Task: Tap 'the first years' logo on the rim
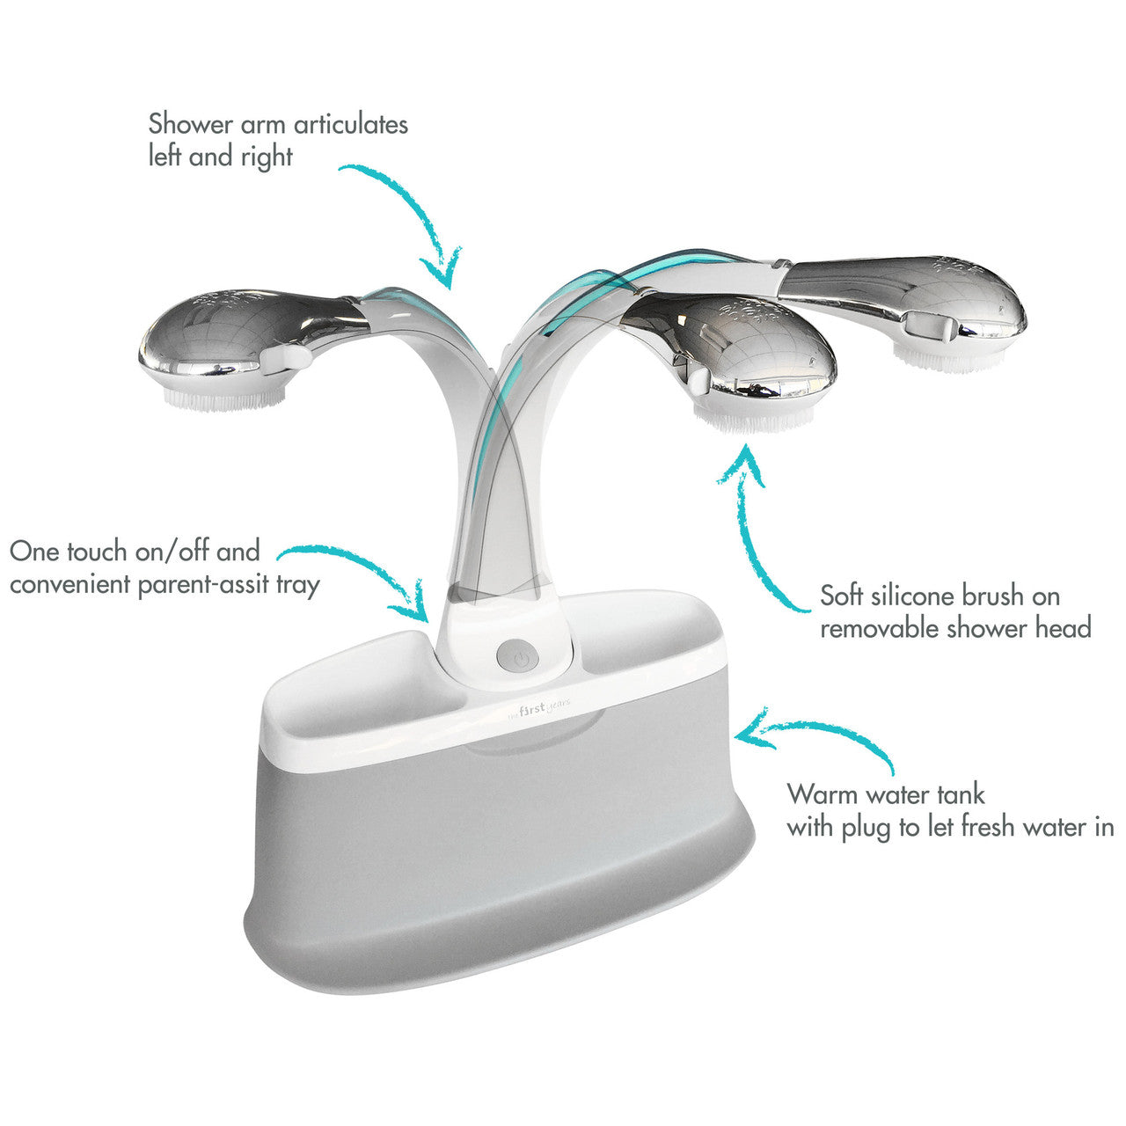(x=538, y=710)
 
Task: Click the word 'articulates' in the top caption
(x=351, y=125)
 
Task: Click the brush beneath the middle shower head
(x=753, y=419)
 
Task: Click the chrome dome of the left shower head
(x=234, y=333)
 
